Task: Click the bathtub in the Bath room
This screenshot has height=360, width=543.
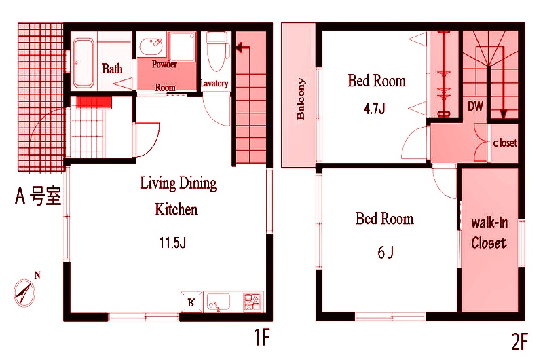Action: click(83, 62)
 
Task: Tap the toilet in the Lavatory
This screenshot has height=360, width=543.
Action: click(217, 51)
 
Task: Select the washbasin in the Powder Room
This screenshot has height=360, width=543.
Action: click(151, 46)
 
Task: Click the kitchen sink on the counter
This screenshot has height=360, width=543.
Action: click(219, 302)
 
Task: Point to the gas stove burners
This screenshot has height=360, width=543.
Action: click(252, 302)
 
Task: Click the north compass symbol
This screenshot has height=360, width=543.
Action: click(25, 292)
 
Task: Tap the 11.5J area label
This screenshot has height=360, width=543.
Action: click(172, 242)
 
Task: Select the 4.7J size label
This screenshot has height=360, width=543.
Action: click(375, 109)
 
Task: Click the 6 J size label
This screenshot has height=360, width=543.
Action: click(385, 252)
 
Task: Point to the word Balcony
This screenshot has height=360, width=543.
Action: click(301, 98)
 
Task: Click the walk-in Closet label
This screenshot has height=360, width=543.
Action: click(489, 233)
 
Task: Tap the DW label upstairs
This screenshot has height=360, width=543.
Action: click(475, 106)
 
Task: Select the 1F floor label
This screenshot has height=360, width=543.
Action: click(261, 337)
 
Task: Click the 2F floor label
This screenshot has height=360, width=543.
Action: click(519, 341)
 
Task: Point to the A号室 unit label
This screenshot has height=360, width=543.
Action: click(38, 196)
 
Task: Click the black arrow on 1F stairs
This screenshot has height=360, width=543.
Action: click(243, 47)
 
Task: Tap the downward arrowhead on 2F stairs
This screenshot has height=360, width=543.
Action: click(503, 114)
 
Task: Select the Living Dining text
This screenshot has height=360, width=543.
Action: click(179, 183)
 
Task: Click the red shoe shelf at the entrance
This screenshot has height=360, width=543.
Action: click(94, 103)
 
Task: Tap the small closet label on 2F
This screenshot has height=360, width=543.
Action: click(505, 143)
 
